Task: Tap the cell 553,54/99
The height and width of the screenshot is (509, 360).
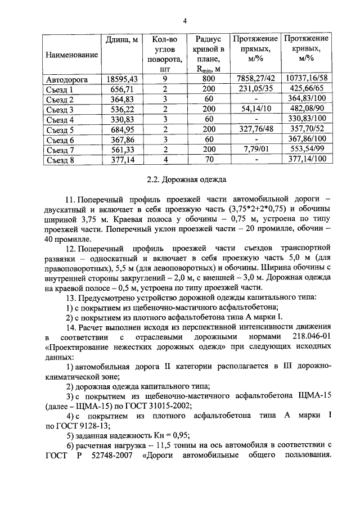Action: click(x=306, y=150)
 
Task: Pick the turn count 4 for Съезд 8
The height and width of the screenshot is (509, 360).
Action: click(x=165, y=160)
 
